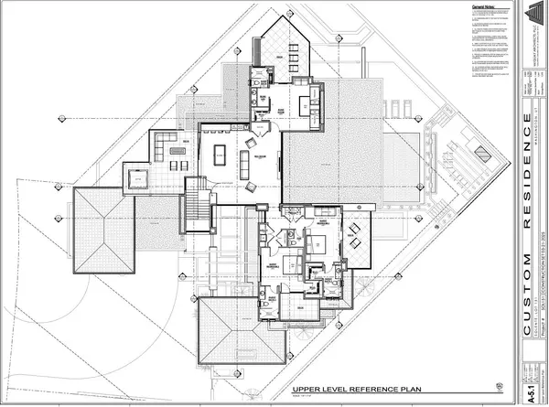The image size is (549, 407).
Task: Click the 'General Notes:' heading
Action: click(x=458, y=6)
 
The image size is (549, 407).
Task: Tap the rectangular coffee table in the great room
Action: click(x=221, y=155)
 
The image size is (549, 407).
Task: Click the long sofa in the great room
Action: click(x=244, y=166)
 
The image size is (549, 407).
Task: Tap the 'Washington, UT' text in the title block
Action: click(x=532, y=110)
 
